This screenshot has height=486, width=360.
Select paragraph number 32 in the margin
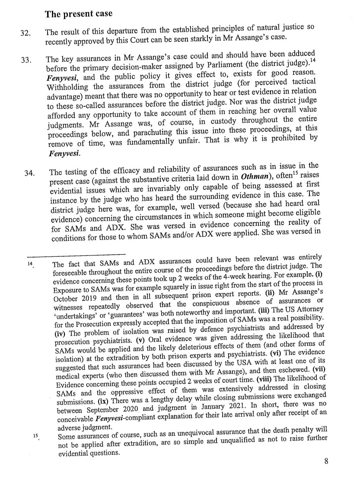(x=25, y=33)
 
